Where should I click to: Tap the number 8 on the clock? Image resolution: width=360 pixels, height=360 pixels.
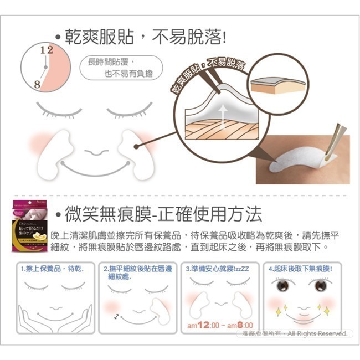pyautogui.click(x=37, y=85)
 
